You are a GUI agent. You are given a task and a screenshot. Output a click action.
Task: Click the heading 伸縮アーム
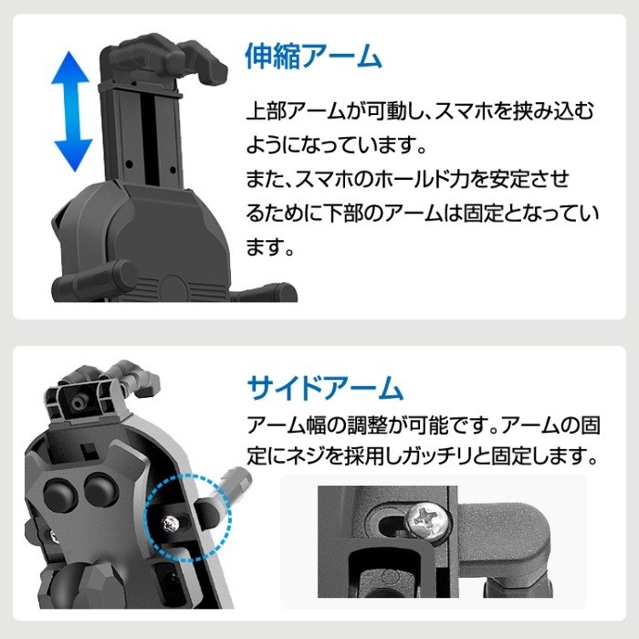(x=312, y=57)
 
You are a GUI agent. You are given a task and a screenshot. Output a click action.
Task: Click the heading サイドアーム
(x=324, y=389)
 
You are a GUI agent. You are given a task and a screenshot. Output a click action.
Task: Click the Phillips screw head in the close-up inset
(x=427, y=520)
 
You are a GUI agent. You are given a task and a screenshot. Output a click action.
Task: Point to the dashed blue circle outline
(x=230, y=511)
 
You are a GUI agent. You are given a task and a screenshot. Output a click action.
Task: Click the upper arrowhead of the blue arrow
(x=72, y=63)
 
